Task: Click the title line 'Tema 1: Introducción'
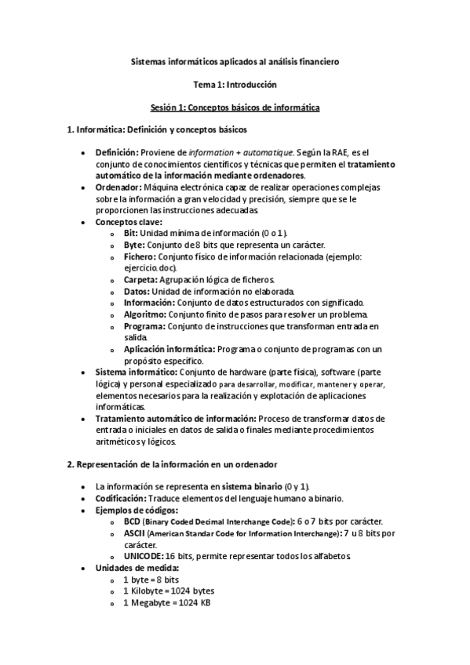point(235,83)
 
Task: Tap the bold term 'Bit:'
point(130,234)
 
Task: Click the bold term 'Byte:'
point(133,245)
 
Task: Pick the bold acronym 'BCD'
point(131,521)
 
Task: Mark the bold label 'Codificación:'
point(121,499)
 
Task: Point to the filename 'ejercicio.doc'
point(148,267)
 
